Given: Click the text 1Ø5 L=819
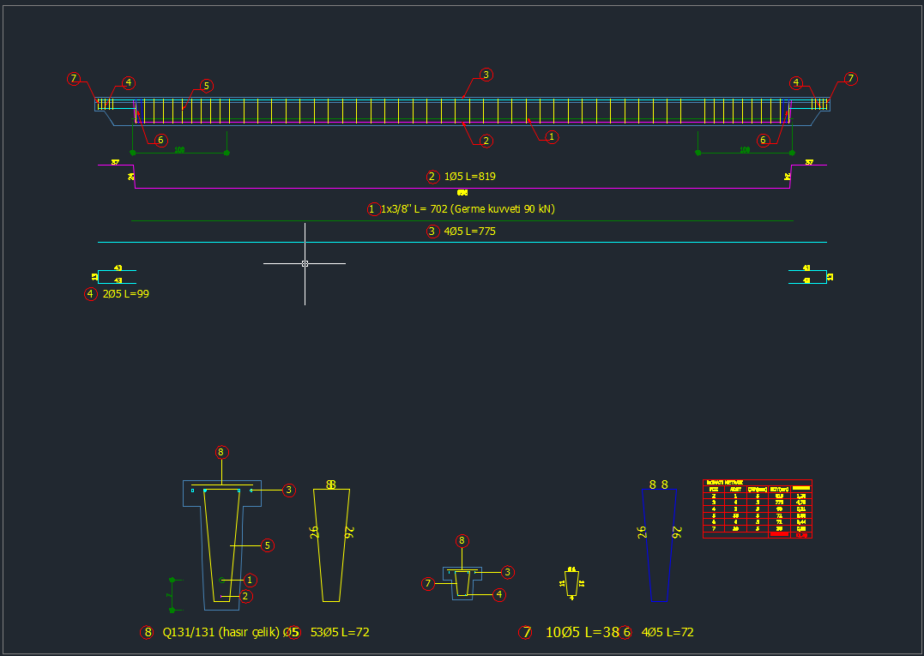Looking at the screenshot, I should pos(468,177).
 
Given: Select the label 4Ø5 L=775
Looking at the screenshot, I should pos(468,231).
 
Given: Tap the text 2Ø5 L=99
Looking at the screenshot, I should pos(126,294).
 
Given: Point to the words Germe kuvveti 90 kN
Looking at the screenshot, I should pos(504,208).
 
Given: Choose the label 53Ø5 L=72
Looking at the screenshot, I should pos(340,632).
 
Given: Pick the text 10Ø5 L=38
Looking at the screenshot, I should pos(582,632).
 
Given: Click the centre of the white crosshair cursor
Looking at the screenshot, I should pos(305,263).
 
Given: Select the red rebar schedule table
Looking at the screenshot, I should pos(757,509).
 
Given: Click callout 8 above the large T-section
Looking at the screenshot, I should pos(221,452).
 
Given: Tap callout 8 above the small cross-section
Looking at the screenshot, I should pos(462,541).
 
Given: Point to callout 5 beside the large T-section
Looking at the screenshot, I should pos(268,545).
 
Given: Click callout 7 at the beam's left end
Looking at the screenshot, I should pos(74,79).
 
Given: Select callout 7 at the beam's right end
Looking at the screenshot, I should pos(850,79).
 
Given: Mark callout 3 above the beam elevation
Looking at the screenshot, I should pos(486,75).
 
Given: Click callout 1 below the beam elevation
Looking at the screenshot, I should pos(553,136).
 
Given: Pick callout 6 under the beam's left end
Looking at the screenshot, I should pos(161,140).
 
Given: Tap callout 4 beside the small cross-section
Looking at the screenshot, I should pos(499,594).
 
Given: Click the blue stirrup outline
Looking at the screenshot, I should pos(660,545).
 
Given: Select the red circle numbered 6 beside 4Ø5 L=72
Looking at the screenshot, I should pos(626,632).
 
